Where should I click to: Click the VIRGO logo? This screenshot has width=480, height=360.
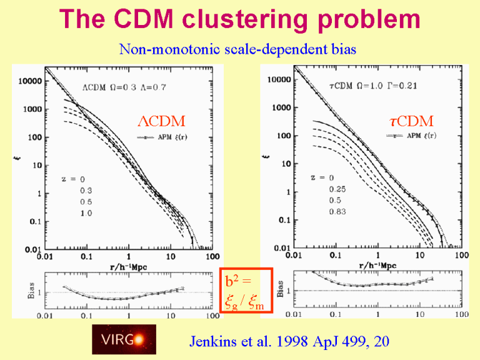[x=124, y=339]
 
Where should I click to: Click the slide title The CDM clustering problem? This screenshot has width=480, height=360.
[x=239, y=21]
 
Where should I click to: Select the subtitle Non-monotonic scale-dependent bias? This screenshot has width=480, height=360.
[x=237, y=49]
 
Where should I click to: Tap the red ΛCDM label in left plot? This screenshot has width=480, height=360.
[x=161, y=120]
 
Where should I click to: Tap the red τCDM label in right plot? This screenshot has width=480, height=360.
[x=407, y=121]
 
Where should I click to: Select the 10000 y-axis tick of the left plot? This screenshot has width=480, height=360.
[x=29, y=81]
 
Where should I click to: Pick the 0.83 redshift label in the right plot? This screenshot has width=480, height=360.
[x=339, y=212]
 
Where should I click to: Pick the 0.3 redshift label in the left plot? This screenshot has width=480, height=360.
[x=86, y=190]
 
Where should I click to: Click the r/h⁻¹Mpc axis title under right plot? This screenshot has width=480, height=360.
[x=377, y=266]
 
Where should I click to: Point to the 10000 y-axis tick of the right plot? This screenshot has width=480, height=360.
[x=277, y=80]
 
